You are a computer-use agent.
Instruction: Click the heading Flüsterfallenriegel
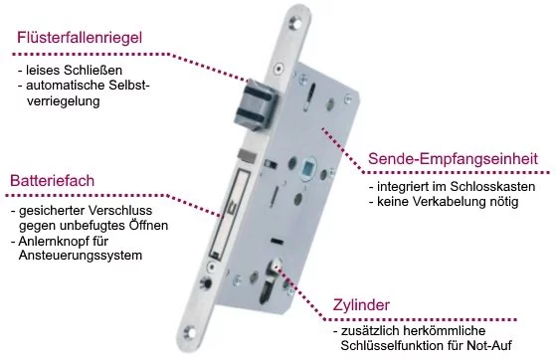tap(80, 38)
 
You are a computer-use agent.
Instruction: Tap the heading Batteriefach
tap(52, 181)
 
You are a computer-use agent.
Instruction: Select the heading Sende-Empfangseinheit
tap(453, 159)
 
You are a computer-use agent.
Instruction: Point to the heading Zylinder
tap(361, 305)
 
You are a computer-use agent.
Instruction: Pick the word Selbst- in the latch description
tap(129, 86)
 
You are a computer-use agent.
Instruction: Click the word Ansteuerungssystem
tap(81, 256)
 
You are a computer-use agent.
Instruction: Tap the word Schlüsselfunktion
tap(392, 345)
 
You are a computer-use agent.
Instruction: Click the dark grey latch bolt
tap(255, 104)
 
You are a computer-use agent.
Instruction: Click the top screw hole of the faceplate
tap(295, 22)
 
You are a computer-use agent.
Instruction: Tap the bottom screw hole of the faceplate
tap(190, 333)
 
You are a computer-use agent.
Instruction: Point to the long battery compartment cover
tap(229, 214)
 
